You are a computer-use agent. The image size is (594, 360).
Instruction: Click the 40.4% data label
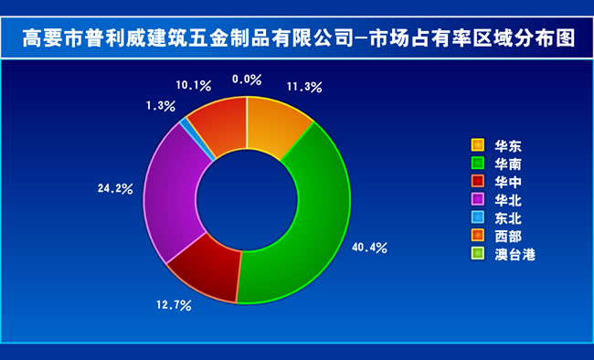(369, 248)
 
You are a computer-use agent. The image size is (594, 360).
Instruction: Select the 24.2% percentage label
(115, 188)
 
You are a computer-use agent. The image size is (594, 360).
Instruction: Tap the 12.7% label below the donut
(174, 305)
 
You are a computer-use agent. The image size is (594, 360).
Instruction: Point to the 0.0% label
(247, 79)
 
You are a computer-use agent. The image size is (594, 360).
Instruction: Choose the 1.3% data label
(161, 106)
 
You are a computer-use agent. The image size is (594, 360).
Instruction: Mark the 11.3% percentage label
(304, 87)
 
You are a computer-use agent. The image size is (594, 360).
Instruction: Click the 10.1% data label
(193, 85)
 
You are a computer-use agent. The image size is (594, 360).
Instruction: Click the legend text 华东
(508, 146)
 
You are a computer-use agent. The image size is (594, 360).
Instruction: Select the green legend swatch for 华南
(478, 163)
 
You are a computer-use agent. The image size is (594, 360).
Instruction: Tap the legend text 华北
(508, 200)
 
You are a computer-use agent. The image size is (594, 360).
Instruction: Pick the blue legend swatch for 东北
(478, 217)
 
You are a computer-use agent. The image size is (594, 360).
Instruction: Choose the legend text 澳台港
(514, 255)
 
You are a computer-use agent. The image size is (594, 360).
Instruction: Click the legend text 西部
(508, 237)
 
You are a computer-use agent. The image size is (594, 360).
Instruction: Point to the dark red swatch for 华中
(478, 181)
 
